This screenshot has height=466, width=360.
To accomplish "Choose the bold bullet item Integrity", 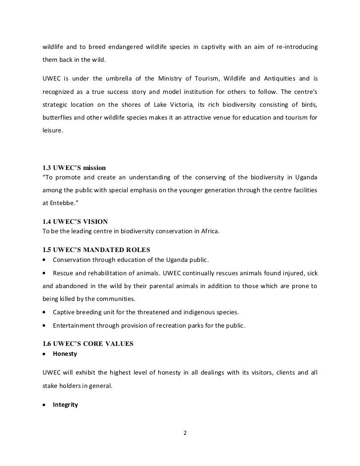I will pos(65,405).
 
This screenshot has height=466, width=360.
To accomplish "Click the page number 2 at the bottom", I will pos(185,434).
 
